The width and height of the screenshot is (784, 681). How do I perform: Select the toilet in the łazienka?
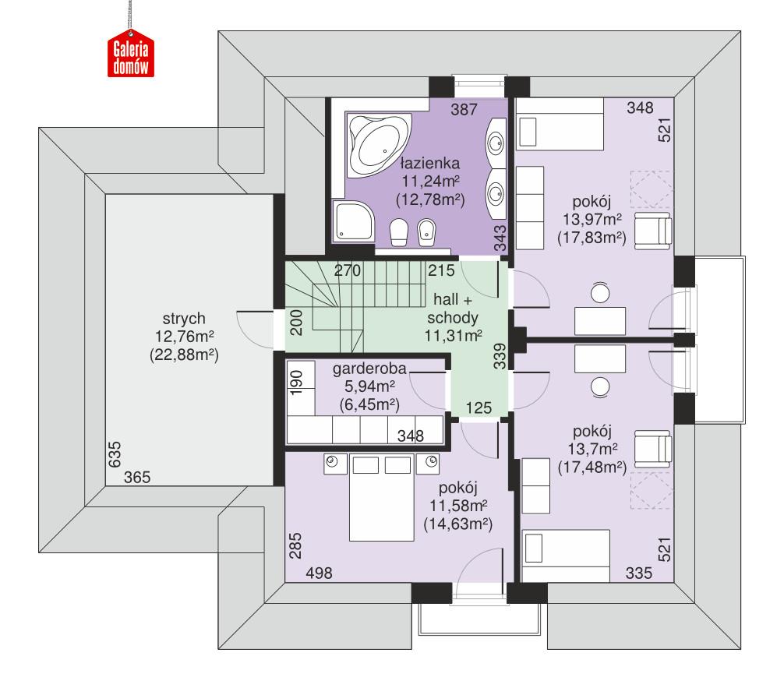(397, 233)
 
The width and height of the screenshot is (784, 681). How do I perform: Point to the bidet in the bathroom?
(426, 233)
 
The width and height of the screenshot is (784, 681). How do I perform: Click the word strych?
(182, 319)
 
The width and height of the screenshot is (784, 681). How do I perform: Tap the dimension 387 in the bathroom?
(464, 111)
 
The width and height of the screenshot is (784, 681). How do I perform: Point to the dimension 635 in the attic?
(114, 454)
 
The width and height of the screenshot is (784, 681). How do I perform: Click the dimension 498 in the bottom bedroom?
(320, 573)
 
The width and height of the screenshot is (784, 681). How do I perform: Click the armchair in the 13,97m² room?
(652, 228)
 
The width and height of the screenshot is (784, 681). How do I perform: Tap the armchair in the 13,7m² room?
(652, 448)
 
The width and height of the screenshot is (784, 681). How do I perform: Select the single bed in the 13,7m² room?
(566, 556)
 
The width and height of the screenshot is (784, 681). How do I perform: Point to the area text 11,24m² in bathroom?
(429, 182)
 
